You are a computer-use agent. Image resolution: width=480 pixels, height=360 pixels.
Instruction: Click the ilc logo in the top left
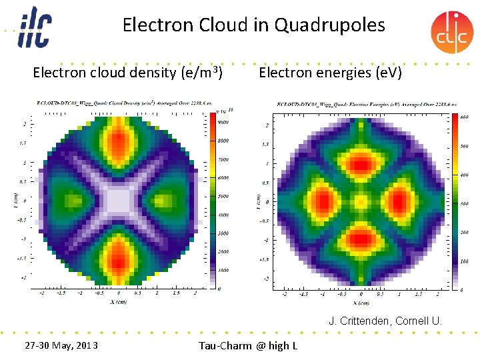tap(33, 27)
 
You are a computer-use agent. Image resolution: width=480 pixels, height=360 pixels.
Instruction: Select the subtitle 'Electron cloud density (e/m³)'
tap(127, 72)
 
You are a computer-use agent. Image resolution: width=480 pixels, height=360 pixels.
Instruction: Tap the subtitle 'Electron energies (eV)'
tap(330, 72)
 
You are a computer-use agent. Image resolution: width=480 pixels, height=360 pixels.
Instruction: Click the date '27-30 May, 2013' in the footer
tap(61, 345)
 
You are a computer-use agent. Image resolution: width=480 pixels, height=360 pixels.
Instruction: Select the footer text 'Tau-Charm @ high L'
tap(248, 345)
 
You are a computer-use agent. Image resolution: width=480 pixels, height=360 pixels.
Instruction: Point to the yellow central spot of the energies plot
tap(361, 199)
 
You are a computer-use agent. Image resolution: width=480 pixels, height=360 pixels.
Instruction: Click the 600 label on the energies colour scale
tap(464, 117)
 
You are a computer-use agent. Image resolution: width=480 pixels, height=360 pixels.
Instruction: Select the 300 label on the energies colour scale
tap(464, 204)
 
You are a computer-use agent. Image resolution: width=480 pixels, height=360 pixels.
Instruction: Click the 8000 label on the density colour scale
tap(223, 141)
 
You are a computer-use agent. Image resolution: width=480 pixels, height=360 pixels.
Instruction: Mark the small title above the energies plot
tap(367, 104)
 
